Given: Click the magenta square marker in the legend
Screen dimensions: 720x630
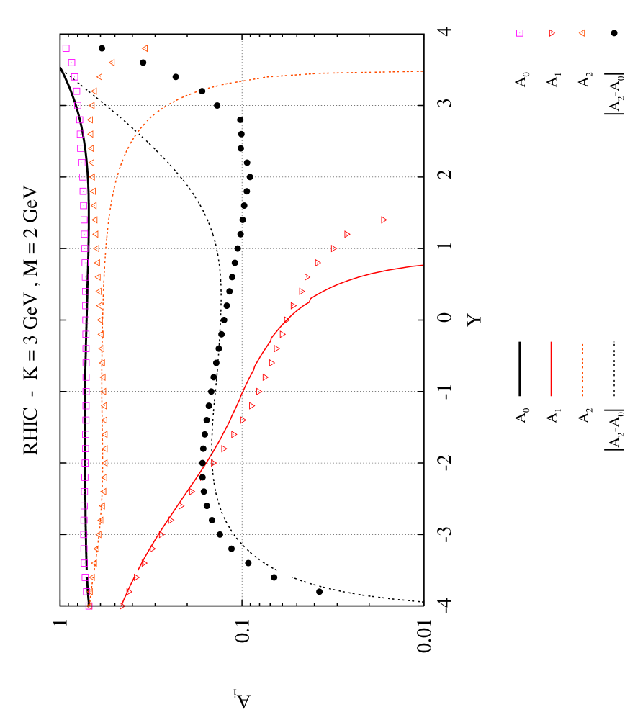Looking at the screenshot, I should (x=520, y=33).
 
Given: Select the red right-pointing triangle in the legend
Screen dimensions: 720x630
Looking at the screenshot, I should (x=552, y=33).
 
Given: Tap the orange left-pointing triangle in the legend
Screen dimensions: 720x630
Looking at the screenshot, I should (x=581, y=33).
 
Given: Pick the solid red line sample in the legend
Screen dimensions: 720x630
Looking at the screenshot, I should (x=552, y=369).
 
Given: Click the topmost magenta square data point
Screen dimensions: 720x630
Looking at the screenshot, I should (x=66, y=48).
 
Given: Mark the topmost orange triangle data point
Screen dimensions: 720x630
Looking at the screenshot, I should (x=145, y=48).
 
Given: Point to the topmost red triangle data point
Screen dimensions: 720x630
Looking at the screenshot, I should (x=384, y=220).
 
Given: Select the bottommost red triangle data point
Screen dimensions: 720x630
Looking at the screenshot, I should (x=122, y=606).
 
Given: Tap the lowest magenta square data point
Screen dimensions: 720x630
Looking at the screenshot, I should (x=89, y=606).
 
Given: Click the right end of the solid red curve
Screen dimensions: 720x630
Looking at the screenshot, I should (x=423, y=266).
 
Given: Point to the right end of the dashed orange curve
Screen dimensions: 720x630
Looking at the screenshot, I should (x=423, y=71).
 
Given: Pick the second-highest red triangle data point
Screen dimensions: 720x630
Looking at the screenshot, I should (x=347, y=234).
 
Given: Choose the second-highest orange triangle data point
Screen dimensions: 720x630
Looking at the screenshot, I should (x=112, y=63).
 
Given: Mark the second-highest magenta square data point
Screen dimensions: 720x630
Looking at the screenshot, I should (x=71, y=63).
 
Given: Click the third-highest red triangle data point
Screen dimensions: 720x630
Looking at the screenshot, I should (x=333, y=248).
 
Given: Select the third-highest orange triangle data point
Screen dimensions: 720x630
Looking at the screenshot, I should (x=99, y=77).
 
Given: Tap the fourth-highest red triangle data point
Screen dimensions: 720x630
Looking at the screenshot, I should (x=318, y=263).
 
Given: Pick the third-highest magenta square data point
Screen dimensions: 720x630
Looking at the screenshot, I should (x=74, y=77).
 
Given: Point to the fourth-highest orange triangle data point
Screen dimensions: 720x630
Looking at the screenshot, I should (x=94, y=91).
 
